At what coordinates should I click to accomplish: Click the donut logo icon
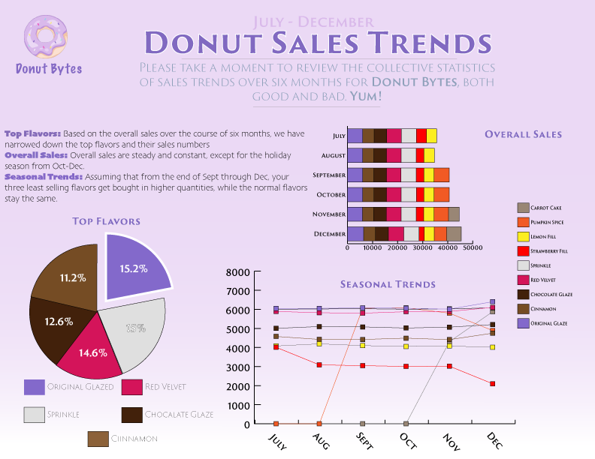pos(48,36)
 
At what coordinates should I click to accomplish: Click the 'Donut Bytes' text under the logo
pos(49,69)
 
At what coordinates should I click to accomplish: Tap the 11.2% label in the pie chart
pos(73,277)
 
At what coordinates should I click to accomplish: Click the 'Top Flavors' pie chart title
pos(106,221)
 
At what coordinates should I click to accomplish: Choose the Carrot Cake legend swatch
pos(524,208)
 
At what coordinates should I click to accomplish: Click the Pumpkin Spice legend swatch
pos(524,222)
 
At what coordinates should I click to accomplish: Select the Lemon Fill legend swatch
pos(524,236)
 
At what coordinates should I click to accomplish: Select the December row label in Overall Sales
pos(329,234)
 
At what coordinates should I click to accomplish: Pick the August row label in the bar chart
pos(333,155)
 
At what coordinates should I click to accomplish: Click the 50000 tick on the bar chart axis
pos(472,247)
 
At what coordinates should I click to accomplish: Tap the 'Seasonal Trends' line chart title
pos(388,284)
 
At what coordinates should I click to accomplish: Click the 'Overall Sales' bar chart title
pos(523,135)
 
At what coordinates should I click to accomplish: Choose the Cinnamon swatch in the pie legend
pos(98,439)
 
